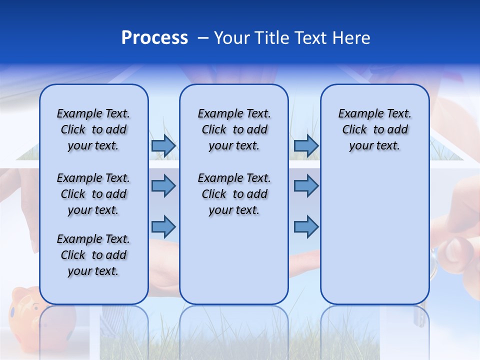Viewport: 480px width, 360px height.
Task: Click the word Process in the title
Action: click(x=154, y=38)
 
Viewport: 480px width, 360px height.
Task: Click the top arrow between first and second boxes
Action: click(x=163, y=146)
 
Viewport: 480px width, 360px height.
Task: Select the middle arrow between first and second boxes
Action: click(x=163, y=186)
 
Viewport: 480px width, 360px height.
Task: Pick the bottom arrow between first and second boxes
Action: click(x=163, y=226)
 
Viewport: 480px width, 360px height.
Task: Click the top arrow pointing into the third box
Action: click(x=306, y=146)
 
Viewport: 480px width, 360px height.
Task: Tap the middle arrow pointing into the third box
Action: click(x=306, y=186)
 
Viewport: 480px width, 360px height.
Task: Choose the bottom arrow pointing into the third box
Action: click(x=306, y=226)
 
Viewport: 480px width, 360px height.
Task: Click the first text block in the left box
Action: click(x=93, y=129)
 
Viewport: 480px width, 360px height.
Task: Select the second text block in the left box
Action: click(x=93, y=194)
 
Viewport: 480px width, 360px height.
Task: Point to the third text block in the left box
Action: click(x=93, y=255)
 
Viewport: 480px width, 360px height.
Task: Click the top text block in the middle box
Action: click(x=234, y=129)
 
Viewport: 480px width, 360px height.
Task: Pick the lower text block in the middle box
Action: click(x=234, y=194)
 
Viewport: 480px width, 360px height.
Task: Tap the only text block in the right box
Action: click(x=374, y=129)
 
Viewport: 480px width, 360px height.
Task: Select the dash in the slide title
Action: click(x=203, y=38)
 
